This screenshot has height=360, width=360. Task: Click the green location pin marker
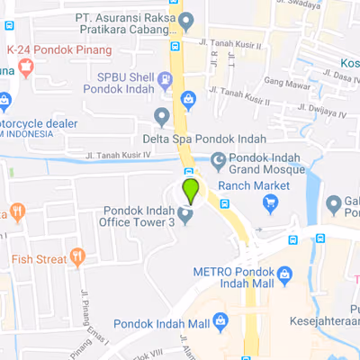click(x=190, y=190)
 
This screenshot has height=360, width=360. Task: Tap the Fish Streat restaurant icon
click(x=77, y=257)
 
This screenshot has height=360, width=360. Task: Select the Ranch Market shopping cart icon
click(x=271, y=203)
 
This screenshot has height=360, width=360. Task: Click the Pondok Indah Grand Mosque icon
click(x=218, y=161)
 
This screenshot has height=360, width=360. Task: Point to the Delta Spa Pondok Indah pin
click(x=162, y=116)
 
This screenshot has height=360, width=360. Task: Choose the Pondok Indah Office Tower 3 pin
click(x=185, y=215)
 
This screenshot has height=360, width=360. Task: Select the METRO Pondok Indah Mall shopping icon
click(x=284, y=274)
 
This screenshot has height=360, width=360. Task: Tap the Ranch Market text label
click(x=254, y=185)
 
